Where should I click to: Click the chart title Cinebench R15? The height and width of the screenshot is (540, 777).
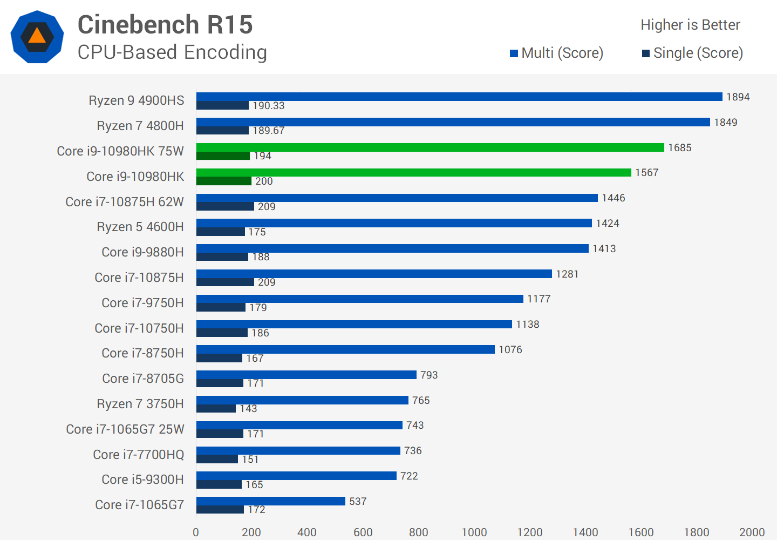[x=165, y=25]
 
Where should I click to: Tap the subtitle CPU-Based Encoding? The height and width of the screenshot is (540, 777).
[x=172, y=52]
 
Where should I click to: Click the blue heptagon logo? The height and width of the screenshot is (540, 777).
[x=37, y=37]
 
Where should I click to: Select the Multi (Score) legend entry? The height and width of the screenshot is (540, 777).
[x=557, y=53]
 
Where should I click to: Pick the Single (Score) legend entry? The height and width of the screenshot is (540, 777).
[x=692, y=53]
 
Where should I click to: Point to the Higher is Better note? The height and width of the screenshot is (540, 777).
[x=690, y=25]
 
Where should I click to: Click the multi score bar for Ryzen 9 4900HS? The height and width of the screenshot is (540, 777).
[x=459, y=97]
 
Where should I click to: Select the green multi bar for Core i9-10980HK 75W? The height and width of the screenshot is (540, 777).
[x=430, y=147]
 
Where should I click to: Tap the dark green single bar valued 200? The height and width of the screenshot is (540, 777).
[x=224, y=181]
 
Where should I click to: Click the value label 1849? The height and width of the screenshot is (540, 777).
[x=725, y=123]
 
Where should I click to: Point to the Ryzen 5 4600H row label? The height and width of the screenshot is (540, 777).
[x=140, y=227]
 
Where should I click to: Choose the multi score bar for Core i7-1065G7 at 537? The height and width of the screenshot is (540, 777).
[x=270, y=501]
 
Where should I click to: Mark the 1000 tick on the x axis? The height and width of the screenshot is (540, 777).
[x=474, y=532]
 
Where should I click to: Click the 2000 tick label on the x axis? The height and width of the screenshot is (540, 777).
[x=752, y=532]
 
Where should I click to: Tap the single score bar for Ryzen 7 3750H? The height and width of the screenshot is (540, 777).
[x=216, y=409]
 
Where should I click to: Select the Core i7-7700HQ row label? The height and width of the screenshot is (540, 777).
[x=139, y=455]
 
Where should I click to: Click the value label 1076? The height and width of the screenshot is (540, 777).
[x=510, y=350]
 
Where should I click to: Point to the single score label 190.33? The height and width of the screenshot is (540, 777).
[x=268, y=106]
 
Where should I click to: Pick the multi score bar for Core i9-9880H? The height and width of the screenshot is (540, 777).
[x=392, y=248]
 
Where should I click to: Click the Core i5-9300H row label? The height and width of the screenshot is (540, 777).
[x=142, y=480]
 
